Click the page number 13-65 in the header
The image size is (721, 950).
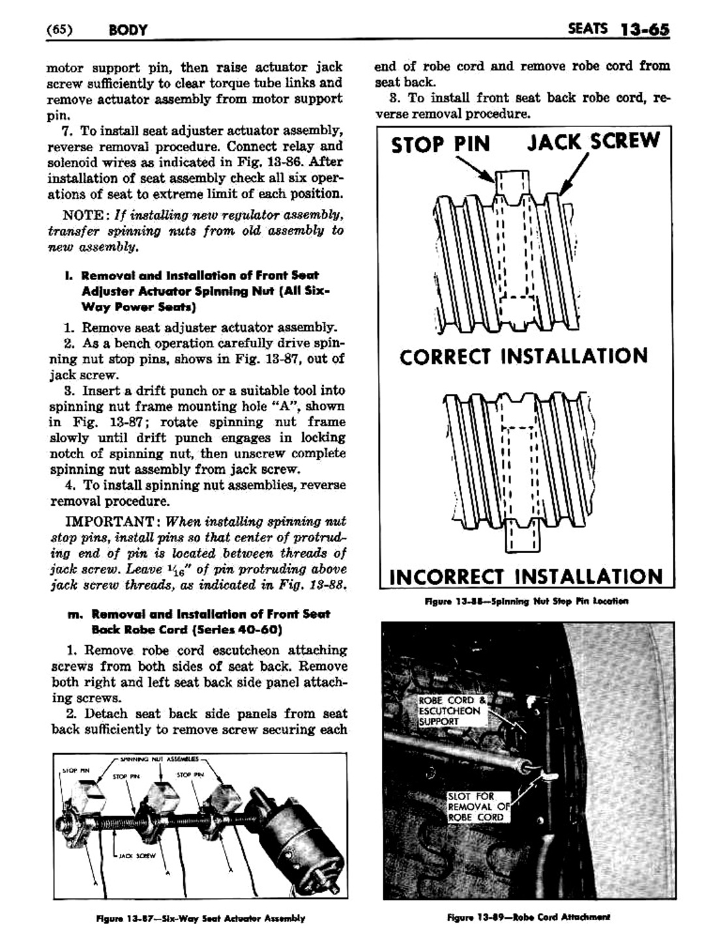[645, 30]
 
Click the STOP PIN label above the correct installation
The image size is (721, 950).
[441, 144]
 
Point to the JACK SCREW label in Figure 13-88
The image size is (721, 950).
[593, 141]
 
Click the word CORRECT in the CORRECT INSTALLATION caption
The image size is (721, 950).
[446, 357]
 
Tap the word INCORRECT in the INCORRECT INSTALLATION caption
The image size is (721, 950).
[447, 577]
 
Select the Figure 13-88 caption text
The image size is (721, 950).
[526, 601]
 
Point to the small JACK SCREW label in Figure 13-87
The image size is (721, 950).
[139, 856]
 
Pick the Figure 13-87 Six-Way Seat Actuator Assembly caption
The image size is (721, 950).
[200, 918]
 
